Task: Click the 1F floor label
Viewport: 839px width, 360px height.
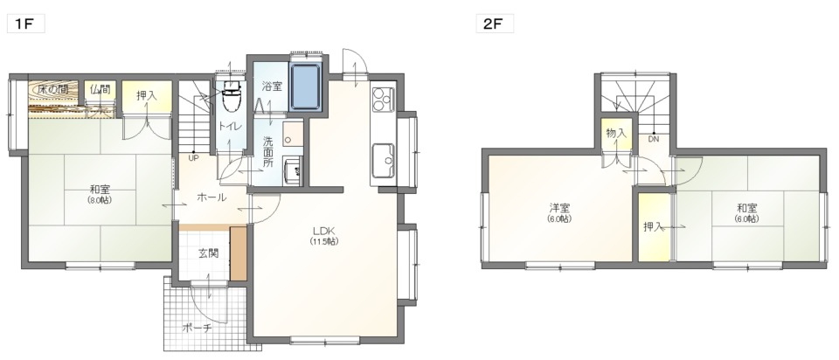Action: (25, 24)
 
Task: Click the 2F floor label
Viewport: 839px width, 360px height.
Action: (495, 24)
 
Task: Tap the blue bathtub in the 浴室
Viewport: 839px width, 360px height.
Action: (305, 87)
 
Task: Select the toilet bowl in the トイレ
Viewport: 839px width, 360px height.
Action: (231, 96)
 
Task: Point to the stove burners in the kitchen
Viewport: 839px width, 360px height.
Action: (383, 99)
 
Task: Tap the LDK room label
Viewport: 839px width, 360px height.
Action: (323, 231)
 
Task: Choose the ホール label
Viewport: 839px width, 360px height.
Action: (211, 197)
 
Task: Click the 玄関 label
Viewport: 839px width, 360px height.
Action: (209, 253)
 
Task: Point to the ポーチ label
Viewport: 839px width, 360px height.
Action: (197, 328)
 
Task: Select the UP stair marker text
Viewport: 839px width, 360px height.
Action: (192, 158)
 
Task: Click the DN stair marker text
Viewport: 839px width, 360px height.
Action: (654, 140)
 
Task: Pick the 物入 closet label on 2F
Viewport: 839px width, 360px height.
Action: (616, 133)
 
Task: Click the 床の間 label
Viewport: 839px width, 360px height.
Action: (52, 89)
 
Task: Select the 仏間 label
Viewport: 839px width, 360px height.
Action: (101, 89)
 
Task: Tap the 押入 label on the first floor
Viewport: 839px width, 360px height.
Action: (147, 96)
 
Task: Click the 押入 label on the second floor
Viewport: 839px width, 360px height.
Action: (653, 227)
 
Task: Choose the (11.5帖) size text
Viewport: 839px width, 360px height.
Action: (323, 241)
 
